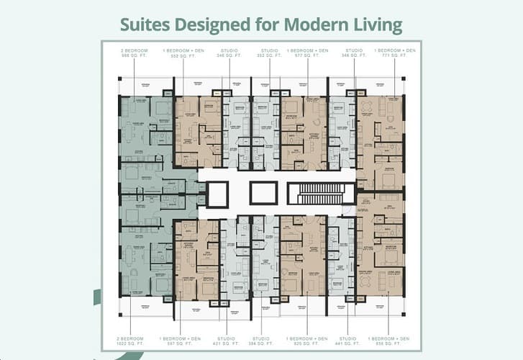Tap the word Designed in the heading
(217, 25)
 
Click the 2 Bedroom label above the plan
(134, 52)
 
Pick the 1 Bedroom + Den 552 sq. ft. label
(183, 52)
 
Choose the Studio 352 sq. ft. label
(270, 52)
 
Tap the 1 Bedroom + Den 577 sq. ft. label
(308, 52)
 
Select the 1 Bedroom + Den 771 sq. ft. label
(395, 52)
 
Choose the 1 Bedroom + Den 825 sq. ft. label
(308, 340)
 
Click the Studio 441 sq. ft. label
(348, 340)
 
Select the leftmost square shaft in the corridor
(217, 194)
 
